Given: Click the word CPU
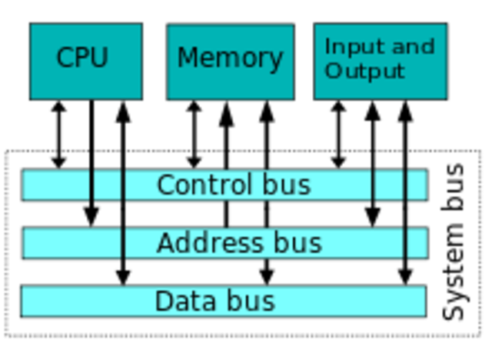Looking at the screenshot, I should tap(82, 58).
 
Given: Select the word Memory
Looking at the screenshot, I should tap(230, 58).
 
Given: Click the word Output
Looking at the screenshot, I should tap(364, 71).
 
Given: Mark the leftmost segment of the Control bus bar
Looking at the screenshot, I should tap(55, 185).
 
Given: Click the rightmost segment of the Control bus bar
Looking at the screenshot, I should tap(417, 185).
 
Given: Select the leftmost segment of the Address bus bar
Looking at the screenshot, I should tap(71, 243).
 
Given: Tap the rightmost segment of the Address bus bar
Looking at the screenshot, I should tap(417, 243).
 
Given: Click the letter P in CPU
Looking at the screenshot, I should tap(82, 58).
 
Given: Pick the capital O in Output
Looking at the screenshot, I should tap(333, 71).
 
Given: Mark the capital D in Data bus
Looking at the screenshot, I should tap(164, 301).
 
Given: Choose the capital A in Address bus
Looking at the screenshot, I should tap(165, 243).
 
